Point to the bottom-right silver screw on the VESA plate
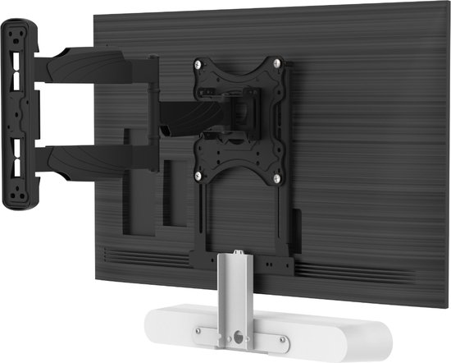click(x=279, y=177)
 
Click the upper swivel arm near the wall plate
click(x=82, y=66)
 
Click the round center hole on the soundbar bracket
click(x=237, y=336)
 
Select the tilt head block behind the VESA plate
click(x=238, y=111)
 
